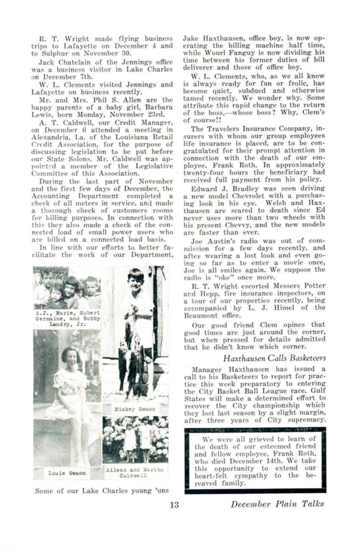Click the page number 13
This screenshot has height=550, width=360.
tap(174, 505)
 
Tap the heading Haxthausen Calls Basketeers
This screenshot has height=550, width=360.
tap(275, 358)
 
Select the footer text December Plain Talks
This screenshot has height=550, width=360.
tap(277, 504)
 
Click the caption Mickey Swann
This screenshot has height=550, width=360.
tap(135, 408)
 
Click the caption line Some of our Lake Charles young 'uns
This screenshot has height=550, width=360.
tap(102, 490)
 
